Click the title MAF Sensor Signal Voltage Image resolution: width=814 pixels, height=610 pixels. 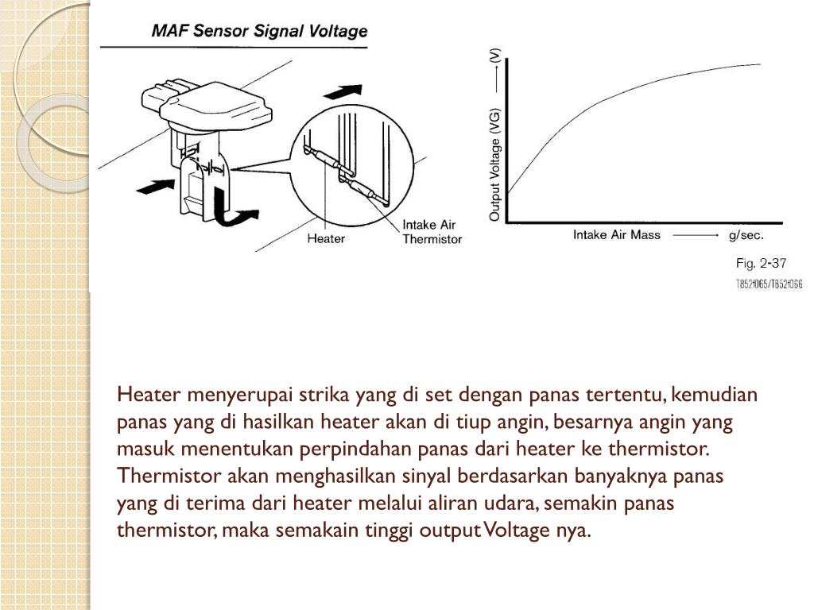click(259, 32)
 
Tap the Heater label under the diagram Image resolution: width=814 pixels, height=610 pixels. click(326, 237)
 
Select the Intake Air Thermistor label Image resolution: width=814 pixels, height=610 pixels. click(432, 231)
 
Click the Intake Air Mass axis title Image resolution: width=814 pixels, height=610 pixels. click(617, 235)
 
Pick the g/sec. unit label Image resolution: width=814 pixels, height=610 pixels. click(745, 235)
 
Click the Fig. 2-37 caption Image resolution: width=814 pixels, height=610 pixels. click(761, 263)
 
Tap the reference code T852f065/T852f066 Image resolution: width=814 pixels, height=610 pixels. click(769, 284)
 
